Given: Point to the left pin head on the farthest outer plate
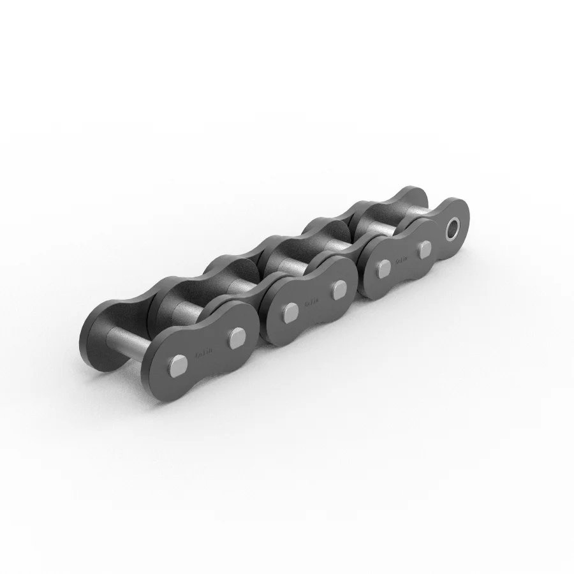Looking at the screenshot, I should (383, 269).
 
